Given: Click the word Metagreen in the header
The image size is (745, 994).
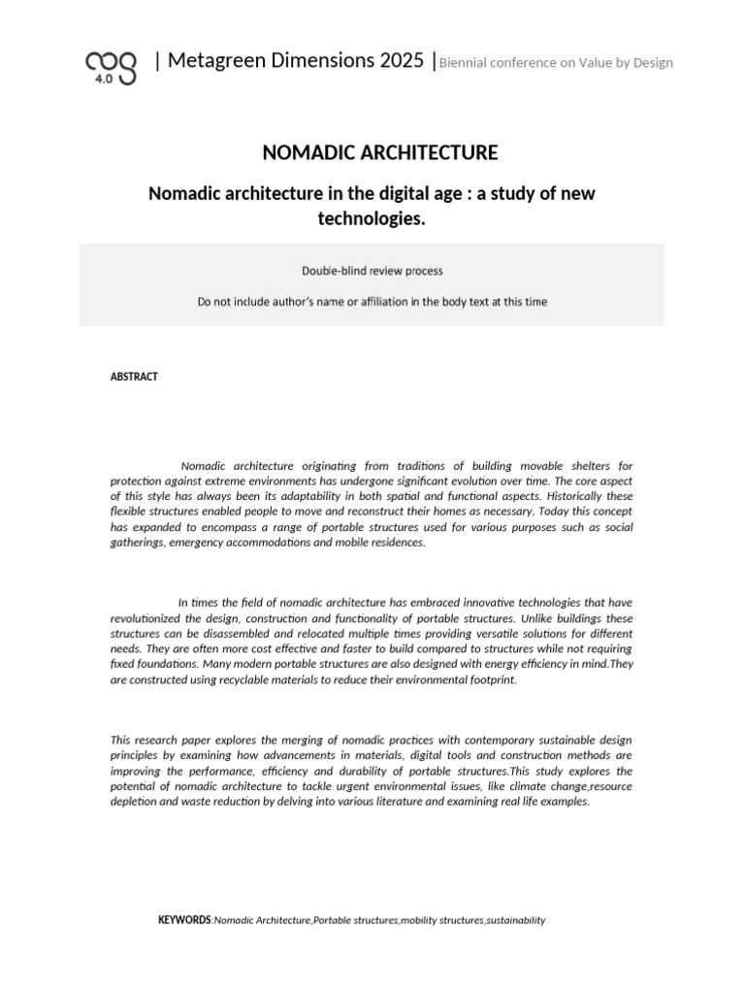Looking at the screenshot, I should coord(211,60).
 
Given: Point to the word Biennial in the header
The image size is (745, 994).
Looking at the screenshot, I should coord(468,63).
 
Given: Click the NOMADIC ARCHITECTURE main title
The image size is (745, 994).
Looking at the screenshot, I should coord(380,152).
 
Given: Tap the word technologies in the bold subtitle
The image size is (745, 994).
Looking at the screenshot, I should coord(372,218).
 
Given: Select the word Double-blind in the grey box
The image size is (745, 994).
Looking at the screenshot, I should coord(331,271).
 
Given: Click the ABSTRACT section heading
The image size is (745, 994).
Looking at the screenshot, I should coord(134,377).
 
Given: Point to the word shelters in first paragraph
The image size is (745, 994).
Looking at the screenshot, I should coord(582,467).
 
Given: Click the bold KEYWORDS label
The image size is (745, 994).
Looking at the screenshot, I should coord(183,919).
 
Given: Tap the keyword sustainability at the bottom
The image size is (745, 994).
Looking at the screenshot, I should coord(516,920).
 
